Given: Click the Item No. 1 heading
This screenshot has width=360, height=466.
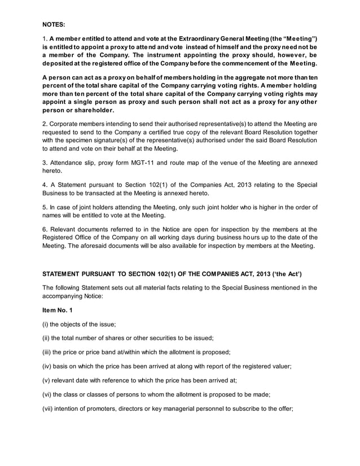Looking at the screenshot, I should point(58,311).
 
